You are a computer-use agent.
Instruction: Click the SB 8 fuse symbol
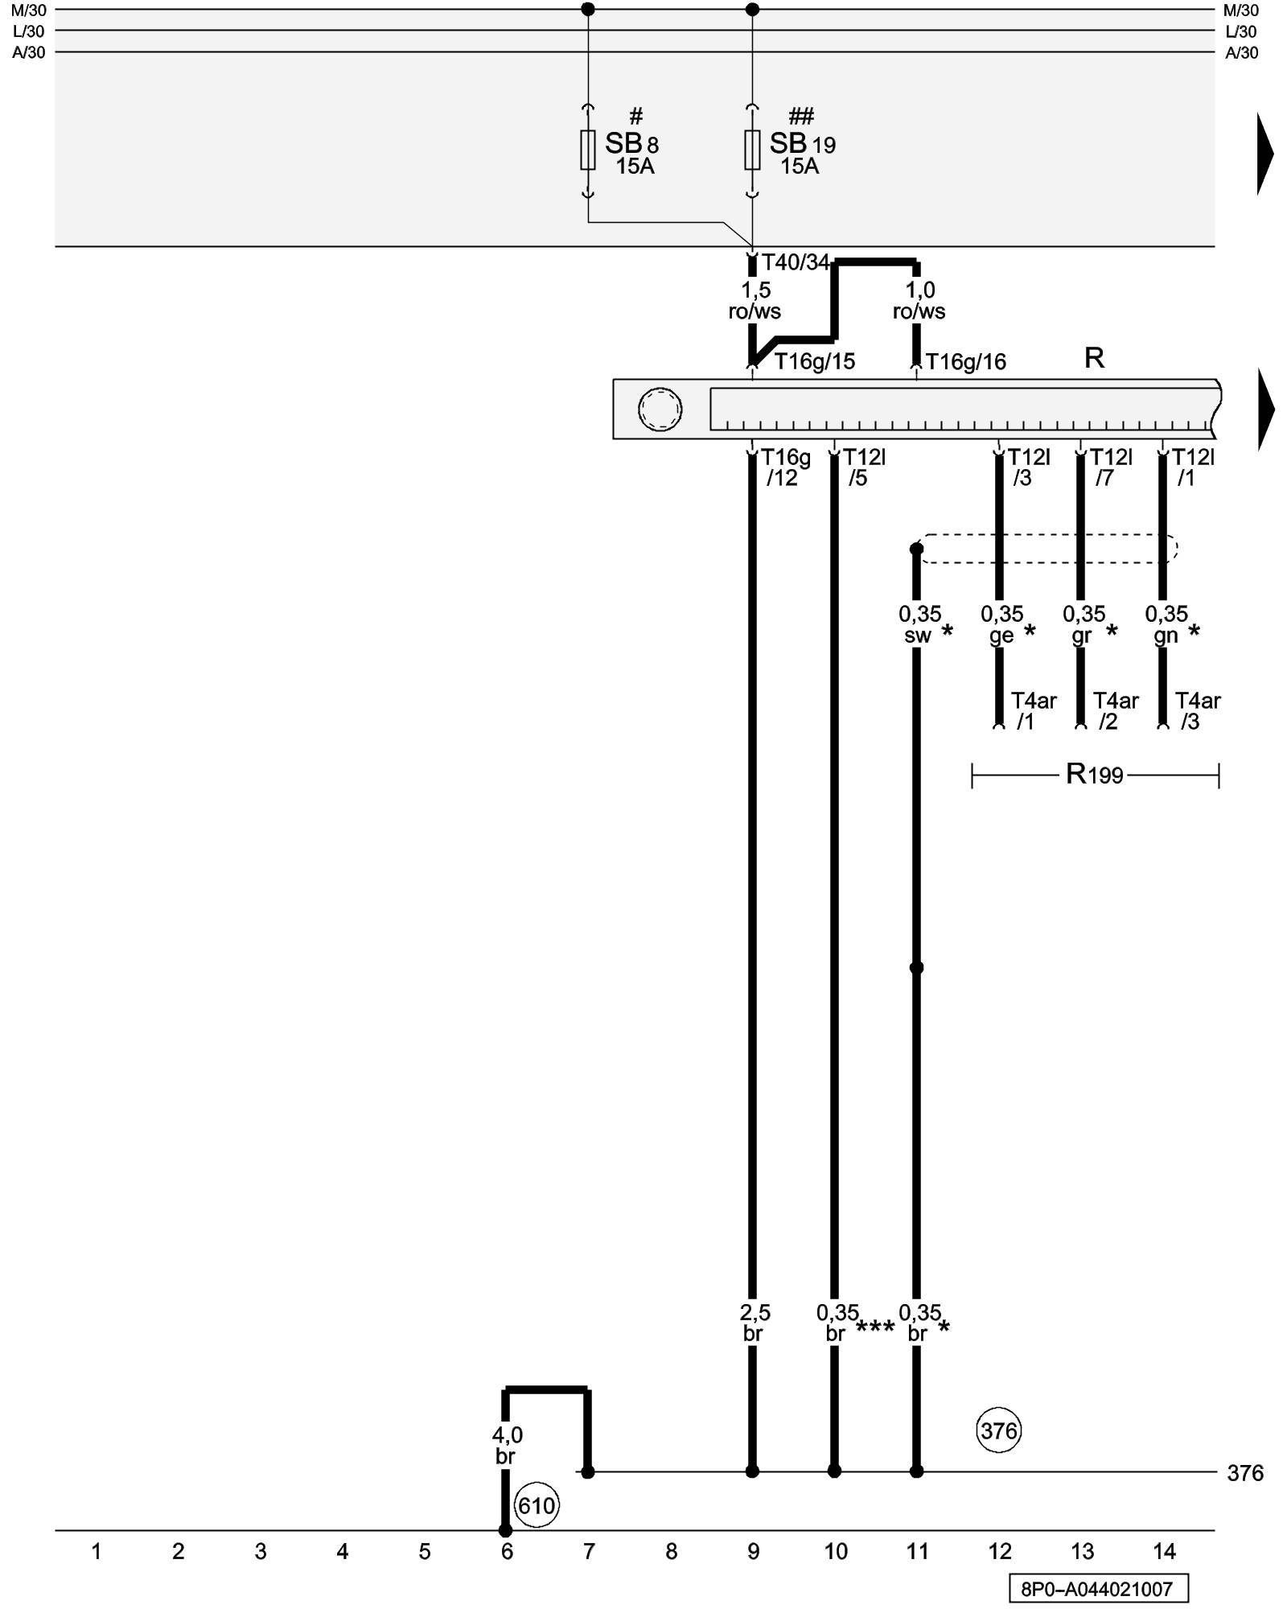(x=588, y=150)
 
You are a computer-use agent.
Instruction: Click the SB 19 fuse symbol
(x=752, y=150)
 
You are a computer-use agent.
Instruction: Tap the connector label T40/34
(x=795, y=262)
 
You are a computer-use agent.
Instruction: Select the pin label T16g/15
(x=814, y=362)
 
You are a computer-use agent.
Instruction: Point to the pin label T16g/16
(x=965, y=362)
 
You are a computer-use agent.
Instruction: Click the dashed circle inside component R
(x=660, y=409)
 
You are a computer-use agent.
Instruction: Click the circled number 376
(x=999, y=1430)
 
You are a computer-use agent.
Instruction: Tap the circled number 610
(x=537, y=1505)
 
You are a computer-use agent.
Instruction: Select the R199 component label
(x=1094, y=775)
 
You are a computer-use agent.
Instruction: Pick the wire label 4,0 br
(x=506, y=1446)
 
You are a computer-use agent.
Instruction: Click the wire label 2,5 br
(x=754, y=1323)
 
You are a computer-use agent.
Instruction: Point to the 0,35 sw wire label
(x=919, y=625)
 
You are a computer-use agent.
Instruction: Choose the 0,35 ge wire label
(x=1001, y=625)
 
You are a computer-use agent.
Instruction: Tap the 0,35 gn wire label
(x=1166, y=625)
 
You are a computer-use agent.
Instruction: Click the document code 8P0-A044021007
(x=1098, y=1589)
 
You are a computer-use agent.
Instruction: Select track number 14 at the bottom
(x=1164, y=1551)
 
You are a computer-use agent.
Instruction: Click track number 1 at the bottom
(x=96, y=1551)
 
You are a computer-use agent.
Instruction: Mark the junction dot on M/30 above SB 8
(x=588, y=10)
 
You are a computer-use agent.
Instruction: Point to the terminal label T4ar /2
(x=1115, y=711)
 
